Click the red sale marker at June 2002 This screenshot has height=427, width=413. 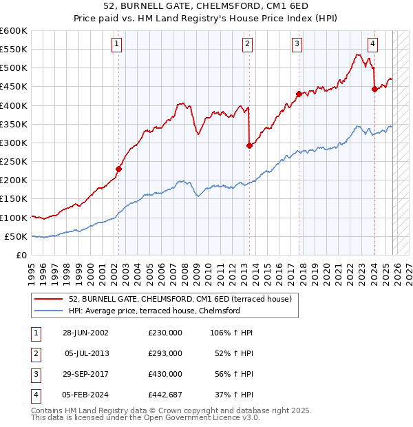(x=118, y=169)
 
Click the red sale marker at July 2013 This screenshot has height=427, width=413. (x=249, y=145)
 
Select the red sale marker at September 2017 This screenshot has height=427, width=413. (x=299, y=94)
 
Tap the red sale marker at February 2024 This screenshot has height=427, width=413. (x=374, y=89)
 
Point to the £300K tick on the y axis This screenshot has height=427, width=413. (x=14, y=143)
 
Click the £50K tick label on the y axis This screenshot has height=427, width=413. (x=16, y=236)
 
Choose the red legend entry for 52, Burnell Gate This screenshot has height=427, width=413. (x=180, y=299)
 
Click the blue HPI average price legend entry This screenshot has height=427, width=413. (x=153, y=311)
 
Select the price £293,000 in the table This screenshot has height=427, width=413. (x=165, y=353)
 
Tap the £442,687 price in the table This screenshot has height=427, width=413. (x=165, y=395)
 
